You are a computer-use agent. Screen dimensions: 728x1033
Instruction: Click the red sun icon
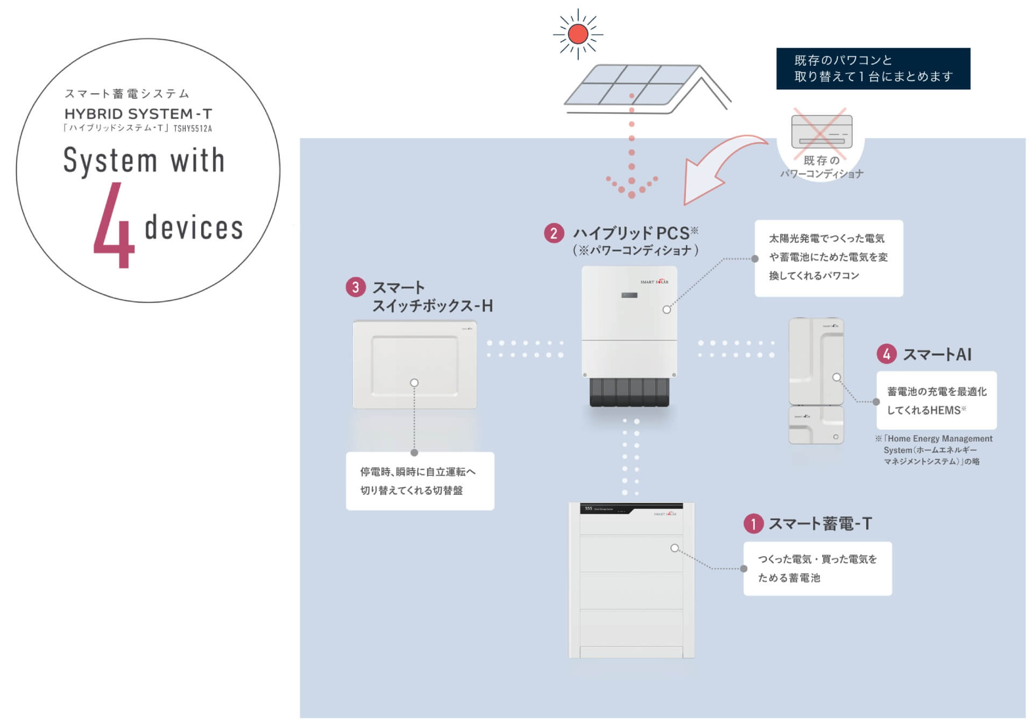click(x=578, y=34)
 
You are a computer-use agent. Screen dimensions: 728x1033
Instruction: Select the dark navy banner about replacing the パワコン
click(x=873, y=68)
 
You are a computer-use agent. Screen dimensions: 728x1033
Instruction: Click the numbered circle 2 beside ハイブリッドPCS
click(x=554, y=234)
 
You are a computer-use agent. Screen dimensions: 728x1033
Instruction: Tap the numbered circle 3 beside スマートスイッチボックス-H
click(x=355, y=287)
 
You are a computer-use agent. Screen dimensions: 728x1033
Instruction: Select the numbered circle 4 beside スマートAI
click(x=886, y=354)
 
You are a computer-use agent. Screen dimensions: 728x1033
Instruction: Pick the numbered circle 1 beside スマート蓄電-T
click(x=753, y=523)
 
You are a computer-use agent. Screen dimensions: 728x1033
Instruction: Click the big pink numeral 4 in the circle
click(x=114, y=226)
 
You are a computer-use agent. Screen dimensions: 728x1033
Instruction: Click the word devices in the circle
click(x=194, y=227)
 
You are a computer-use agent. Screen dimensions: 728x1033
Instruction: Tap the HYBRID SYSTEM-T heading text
click(x=138, y=114)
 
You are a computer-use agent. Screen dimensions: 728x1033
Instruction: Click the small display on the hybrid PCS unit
click(x=629, y=295)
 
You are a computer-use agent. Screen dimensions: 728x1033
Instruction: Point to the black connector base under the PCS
click(x=629, y=392)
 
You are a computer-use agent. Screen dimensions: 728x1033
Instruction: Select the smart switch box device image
click(x=414, y=365)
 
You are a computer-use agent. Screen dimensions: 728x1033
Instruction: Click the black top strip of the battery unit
click(x=631, y=508)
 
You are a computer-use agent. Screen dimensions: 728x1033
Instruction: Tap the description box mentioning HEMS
click(x=936, y=401)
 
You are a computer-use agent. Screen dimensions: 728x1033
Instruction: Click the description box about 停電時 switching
click(x=420, y=481)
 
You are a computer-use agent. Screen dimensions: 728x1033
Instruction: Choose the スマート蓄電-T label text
click(x=820, y=523)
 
